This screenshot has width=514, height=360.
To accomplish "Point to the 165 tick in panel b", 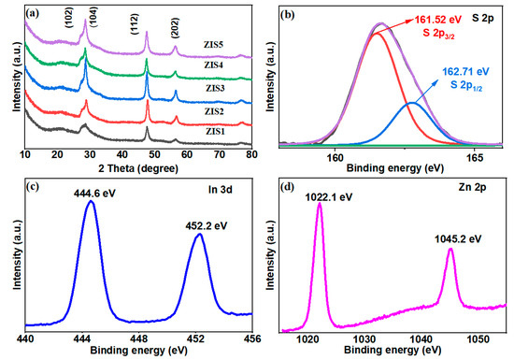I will coord(475,157).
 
